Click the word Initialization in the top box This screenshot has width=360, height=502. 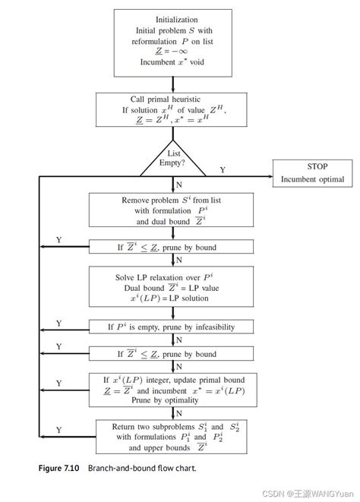point(177,19)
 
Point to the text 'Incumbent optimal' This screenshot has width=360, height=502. point(313,180)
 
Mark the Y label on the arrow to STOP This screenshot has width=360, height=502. point(223,169)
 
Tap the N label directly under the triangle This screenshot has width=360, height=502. point(178,185)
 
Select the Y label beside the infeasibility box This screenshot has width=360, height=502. point(58,323)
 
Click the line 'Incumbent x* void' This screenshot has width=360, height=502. point(176,62)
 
